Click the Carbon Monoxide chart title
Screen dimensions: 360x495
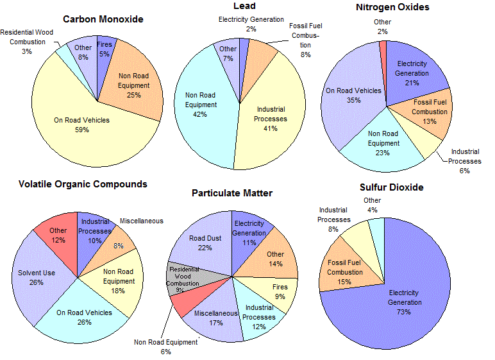click(103, 19)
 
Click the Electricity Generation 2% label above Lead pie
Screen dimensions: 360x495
click(251, 24)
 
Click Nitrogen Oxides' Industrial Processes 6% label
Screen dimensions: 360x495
click(464, 161)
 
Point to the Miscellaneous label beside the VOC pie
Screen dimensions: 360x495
click(141, 221)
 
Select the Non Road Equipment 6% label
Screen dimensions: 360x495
click(166, 347)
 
